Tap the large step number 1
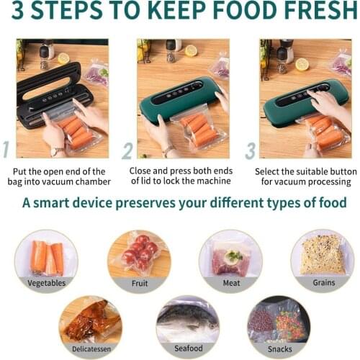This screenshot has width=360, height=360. (6, 149)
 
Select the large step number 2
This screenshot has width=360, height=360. (127, 150)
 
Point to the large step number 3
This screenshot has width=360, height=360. (251, 150)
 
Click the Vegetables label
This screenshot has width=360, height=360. (47, 283)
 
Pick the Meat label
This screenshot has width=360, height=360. (231, 283)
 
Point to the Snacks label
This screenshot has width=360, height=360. (279, 348)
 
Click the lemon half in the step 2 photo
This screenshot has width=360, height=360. (191, 50)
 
